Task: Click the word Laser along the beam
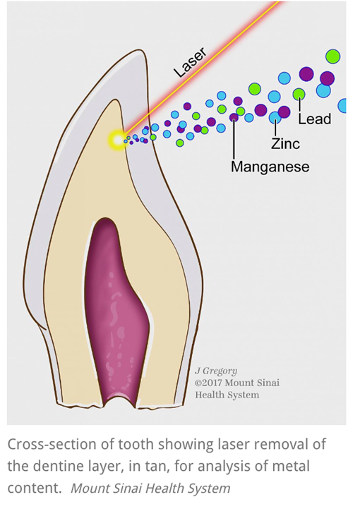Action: (190, 62)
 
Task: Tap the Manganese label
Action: (270, 167)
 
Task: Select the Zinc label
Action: (285, 143)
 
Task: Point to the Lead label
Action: (315, 119)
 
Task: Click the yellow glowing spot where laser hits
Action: (118, 140)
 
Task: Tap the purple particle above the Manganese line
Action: (234, 117)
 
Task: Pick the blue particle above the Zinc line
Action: (275, 117)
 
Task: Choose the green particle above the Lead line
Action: (299, 94)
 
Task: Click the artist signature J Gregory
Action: (216, 371)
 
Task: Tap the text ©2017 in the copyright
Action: (208, 383)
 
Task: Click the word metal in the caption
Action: (291, 467)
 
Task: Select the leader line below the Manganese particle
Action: (234, 140)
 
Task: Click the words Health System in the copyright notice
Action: (227, 395)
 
